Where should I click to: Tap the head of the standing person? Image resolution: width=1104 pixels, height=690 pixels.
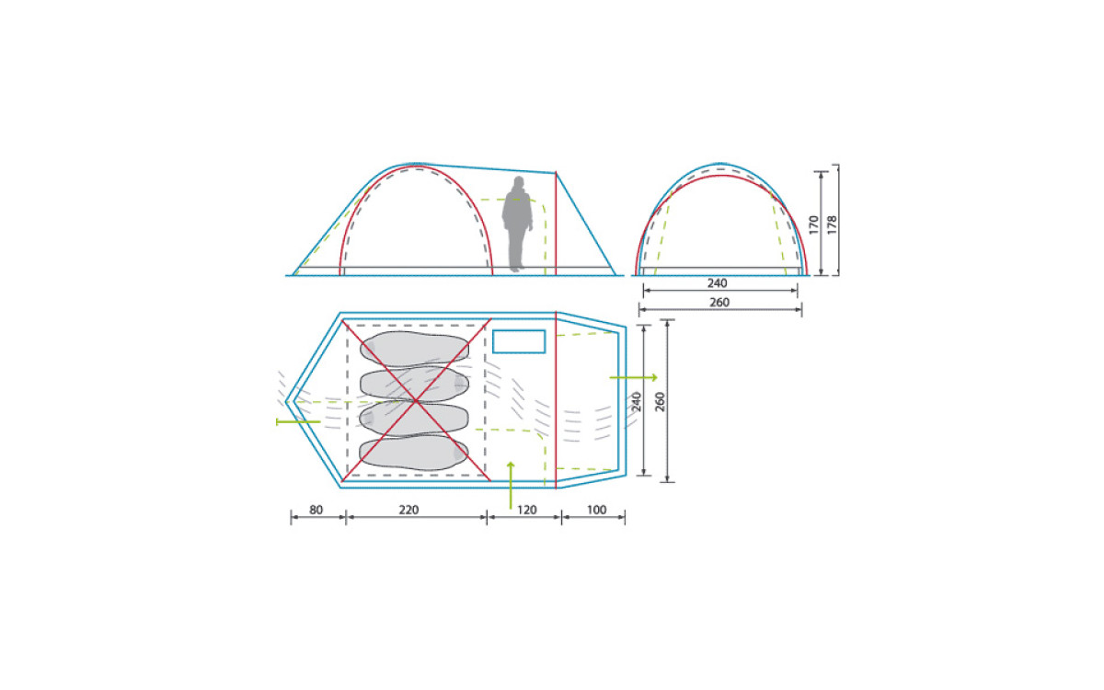pyautogui.click(x=519, y=182)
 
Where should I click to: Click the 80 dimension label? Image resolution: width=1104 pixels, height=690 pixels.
pyautogui.click(x=316, y=510)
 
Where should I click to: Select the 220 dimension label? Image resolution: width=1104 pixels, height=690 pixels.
pyautogui.click(x=408, y=510)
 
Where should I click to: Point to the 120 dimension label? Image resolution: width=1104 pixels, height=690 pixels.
pyautogui.click(x=527, y=510)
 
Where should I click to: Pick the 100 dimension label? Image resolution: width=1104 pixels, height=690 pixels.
pyautogui.click(x=596, y=510)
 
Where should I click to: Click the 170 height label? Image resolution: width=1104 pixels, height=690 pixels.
pyautogui.click(x=813, y=224)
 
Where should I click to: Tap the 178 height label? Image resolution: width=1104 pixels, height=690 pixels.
pyautogui.click(x=832, y=224)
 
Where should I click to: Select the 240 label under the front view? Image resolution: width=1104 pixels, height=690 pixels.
pyautogui.click(x=717, y=283)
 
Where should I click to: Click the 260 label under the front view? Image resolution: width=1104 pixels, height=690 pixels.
pyautogui.click(x=719, y=302)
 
